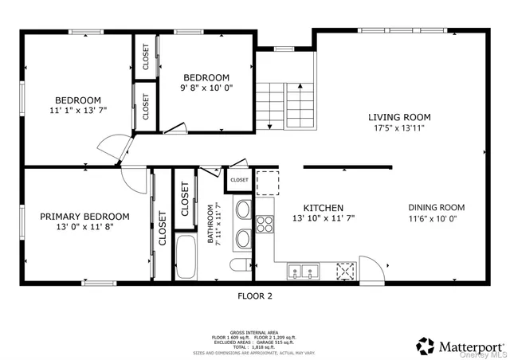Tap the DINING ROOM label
tap(436, 207)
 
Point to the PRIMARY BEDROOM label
tap(84, 216)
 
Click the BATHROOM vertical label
tap(212, 225)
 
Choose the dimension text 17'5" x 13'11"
tap(402, 127)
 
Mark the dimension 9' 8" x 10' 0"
tap(206, 88)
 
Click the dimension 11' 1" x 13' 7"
tap(77, 111)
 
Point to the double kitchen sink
tap(304, 272)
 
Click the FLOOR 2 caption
tap(255, 296)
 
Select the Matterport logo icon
tap(426, 346)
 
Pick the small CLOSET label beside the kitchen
tap(239, 181)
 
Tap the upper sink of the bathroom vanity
tap(242, 211)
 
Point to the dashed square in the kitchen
tap(268, 182)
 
